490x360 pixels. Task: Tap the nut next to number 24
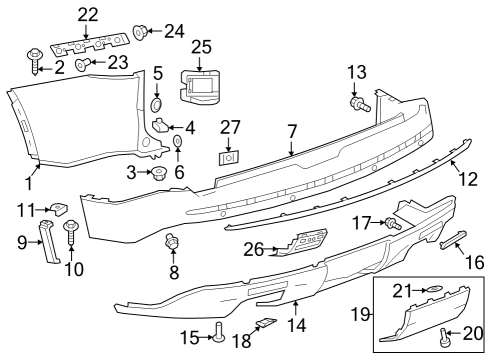pyautogui.click(x=140, y=31)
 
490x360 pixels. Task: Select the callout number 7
pyautogui.click(x=292, y=131)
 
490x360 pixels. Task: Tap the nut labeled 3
pyautogui.click(x=157, y=174)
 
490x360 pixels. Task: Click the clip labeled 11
pyautogui.click(x=60, y=209)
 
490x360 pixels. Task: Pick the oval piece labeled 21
pyautogui.click(x=437, y=290)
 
